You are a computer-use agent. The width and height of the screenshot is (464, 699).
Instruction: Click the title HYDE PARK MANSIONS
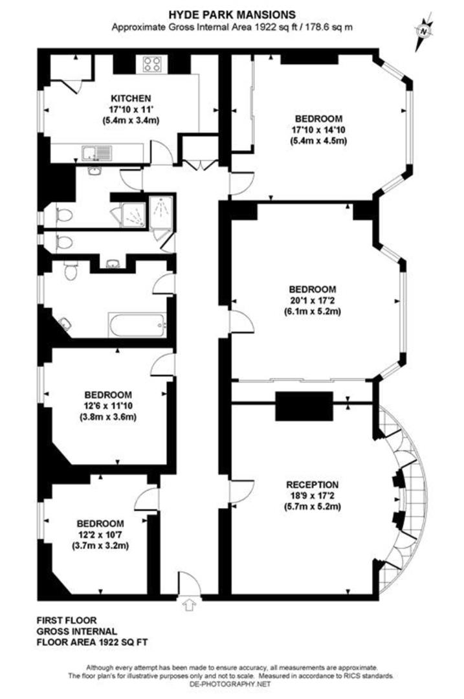[232, 14]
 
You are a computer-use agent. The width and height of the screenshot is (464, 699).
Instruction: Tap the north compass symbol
[424, 30]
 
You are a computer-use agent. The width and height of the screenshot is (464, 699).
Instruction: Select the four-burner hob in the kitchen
[151, 64]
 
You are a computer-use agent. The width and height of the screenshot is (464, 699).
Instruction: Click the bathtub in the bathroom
[137, 324]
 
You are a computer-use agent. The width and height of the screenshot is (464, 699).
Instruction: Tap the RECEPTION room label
[313, 484]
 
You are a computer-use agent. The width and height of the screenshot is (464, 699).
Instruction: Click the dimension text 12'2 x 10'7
[100, 535]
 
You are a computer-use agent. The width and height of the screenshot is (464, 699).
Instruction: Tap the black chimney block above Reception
[304, 406]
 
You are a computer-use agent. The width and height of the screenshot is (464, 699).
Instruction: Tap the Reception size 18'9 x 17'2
[313, 496]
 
